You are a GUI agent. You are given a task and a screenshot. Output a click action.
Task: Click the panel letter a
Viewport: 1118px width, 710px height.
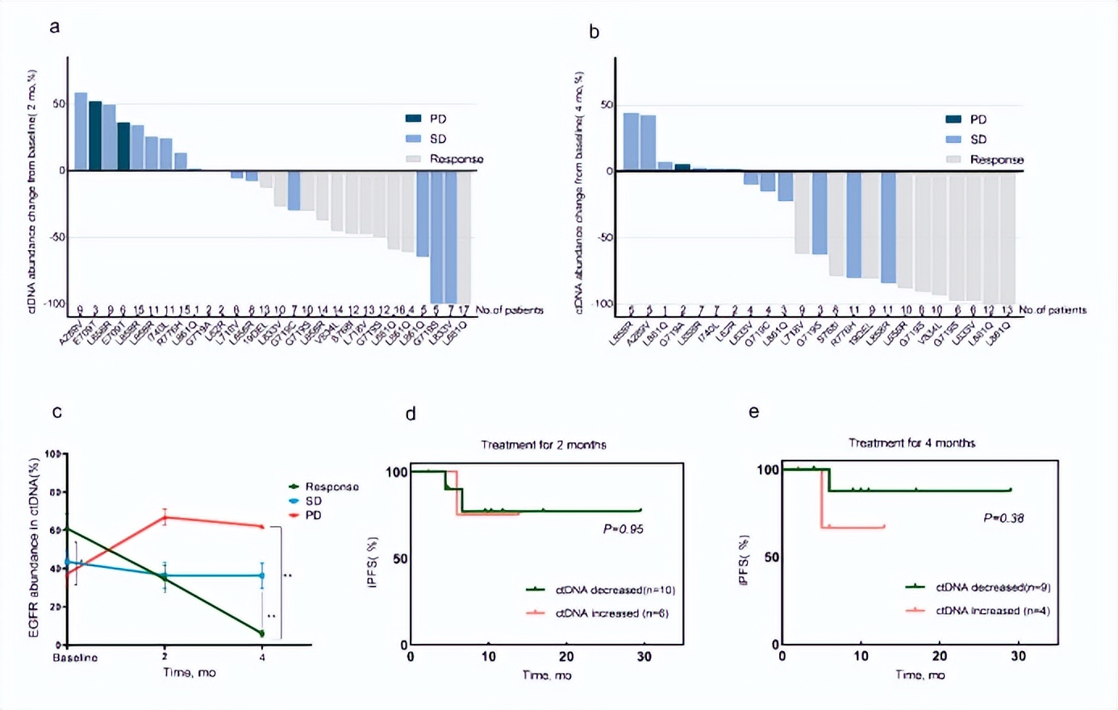(55, 27)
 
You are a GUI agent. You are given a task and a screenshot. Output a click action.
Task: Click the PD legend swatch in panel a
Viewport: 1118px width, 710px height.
(413, 119)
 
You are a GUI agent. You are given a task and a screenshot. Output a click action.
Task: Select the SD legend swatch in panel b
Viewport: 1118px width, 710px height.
(953, 140)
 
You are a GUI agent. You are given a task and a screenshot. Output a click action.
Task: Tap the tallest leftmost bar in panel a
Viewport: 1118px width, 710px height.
(81, 132)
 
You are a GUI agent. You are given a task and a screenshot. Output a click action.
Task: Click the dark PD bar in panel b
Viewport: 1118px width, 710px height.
(682, 167)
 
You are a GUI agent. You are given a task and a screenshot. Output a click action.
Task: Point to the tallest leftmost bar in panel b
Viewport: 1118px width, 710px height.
(631, 142)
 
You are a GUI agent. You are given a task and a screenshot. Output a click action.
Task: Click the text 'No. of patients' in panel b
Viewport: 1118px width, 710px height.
(1053, 310)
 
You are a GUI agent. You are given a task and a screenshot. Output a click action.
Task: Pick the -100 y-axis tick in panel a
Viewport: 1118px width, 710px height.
(53, 303)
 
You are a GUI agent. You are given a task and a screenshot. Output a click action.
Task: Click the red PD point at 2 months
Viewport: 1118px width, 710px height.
(165, 517)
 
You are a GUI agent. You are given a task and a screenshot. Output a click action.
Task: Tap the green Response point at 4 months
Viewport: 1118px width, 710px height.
(262, 633)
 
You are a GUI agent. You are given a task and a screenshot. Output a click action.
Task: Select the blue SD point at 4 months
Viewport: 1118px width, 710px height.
(262, 575)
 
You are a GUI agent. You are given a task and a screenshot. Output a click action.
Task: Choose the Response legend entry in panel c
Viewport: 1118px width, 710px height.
(332, 487)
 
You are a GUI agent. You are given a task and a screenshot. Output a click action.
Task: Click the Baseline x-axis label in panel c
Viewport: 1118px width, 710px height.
(75, 658)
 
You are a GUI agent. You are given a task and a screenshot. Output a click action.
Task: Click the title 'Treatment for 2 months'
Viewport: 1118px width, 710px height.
(544, 445)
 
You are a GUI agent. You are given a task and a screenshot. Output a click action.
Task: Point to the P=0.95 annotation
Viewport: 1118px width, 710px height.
(623, 529)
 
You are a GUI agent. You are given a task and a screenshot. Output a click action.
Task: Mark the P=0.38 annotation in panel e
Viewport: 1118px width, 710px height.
(1003, 518)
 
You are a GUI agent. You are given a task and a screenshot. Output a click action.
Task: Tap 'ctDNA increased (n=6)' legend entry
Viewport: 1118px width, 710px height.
(611, 613)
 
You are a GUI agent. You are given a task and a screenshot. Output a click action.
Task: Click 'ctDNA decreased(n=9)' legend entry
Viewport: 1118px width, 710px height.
(992, 587)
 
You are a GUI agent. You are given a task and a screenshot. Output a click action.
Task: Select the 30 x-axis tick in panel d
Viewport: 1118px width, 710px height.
(645, 657)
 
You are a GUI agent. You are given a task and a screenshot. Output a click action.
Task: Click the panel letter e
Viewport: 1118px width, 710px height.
(753, 412)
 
